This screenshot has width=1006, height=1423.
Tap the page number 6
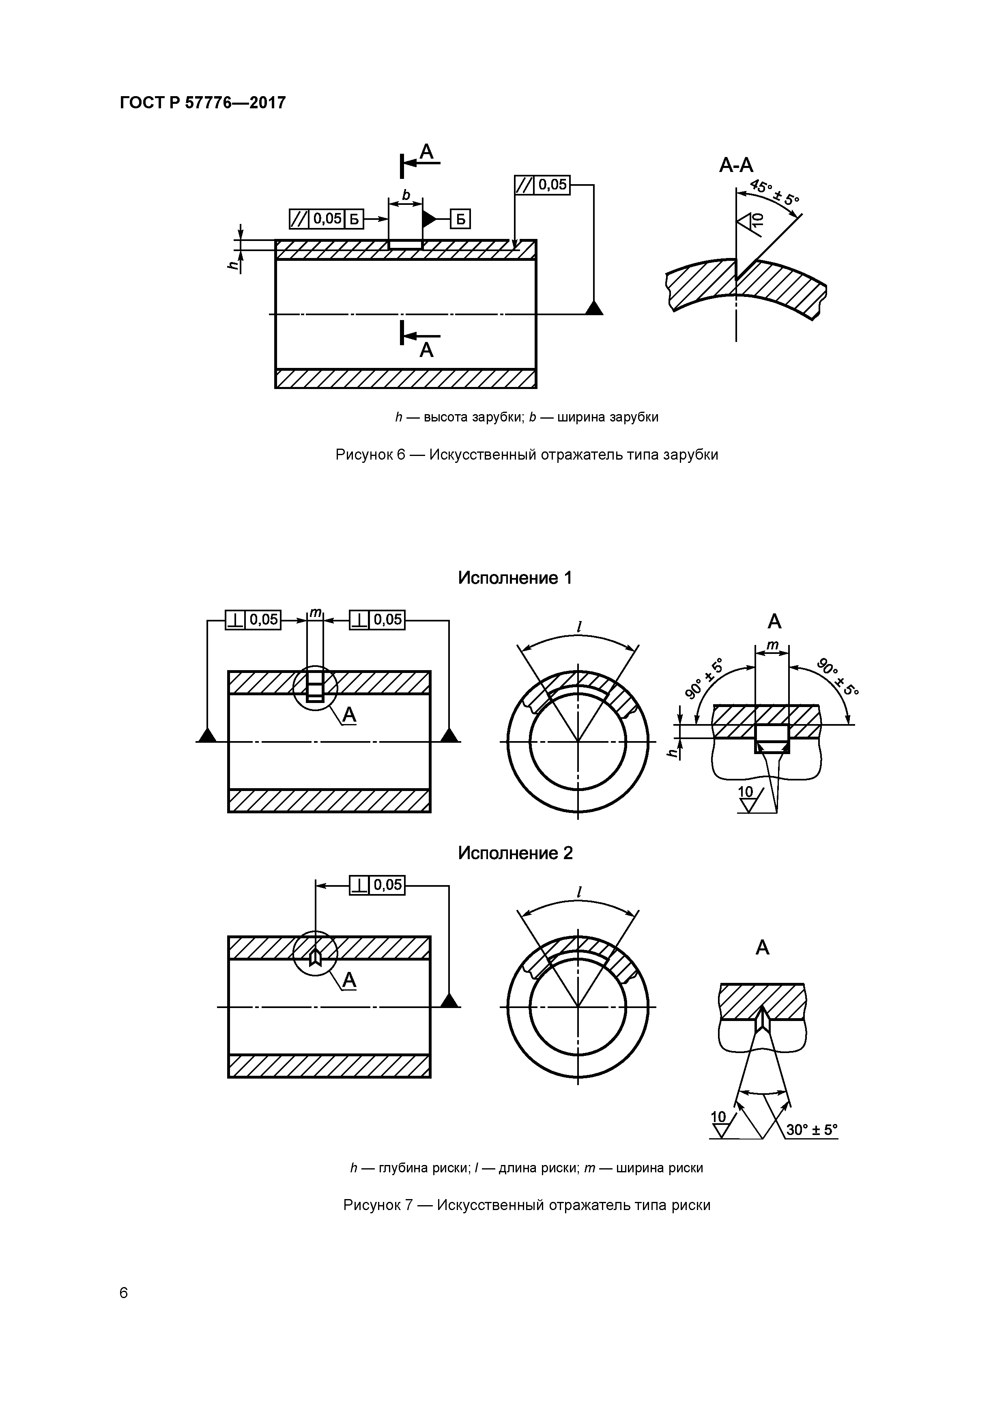tap(124, 1293)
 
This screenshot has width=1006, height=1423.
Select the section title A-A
tap(736, 166)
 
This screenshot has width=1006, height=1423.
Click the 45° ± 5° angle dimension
tap(774, 192)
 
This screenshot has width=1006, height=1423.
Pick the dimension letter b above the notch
tap(406, 195)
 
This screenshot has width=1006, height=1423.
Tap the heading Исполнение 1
tap(514, 578)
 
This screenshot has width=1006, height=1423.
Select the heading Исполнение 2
tap(514, 853)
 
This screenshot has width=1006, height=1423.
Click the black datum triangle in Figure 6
tap(594, 308)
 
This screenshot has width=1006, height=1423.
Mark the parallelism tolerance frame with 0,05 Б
tap(327, 219)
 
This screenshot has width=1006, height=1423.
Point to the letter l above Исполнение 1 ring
tap(579, 627)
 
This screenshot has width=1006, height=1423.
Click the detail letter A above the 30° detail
tap(762, 948)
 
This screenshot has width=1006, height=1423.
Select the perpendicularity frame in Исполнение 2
tap(377, 885)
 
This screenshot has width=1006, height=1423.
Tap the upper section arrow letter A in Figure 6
tap(426, 151)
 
